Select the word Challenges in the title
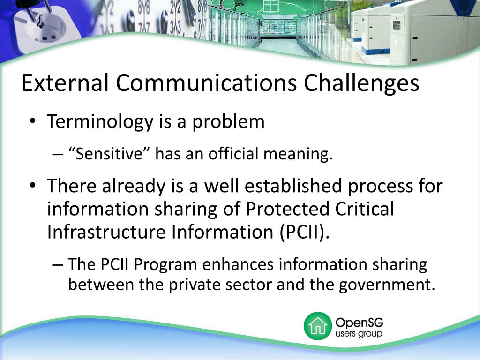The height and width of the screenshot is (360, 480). pos(361,84)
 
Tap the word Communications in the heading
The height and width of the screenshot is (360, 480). pos(206,83)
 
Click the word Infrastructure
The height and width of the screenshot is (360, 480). pos(105,232)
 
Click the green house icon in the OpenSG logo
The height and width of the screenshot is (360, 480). pos(317,326)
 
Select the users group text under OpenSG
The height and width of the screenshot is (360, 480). pos(359,334)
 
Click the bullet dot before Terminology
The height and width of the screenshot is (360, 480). pos(32,121)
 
